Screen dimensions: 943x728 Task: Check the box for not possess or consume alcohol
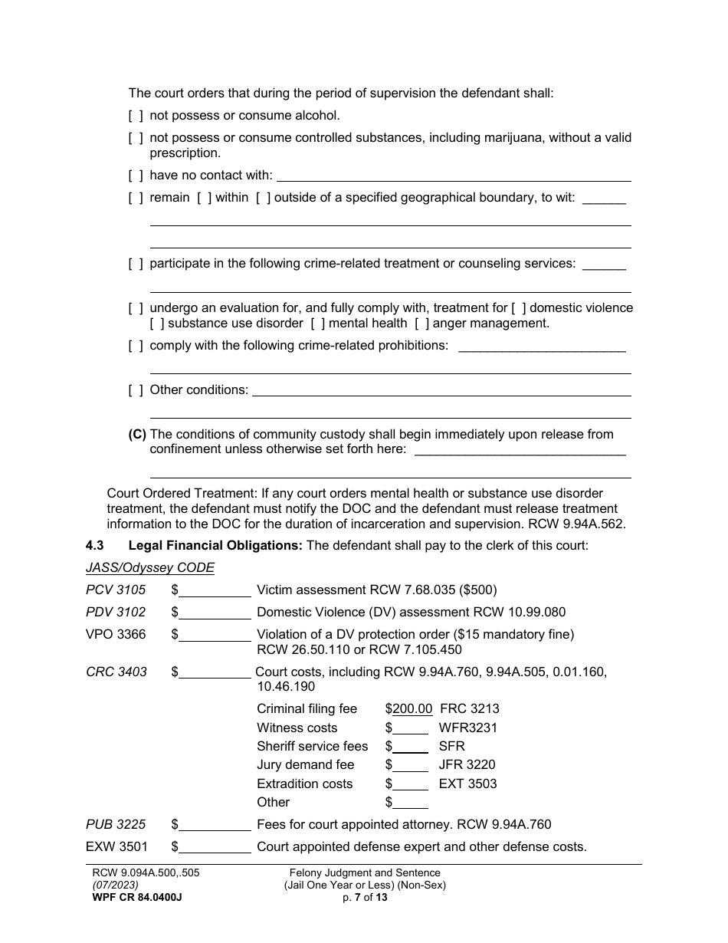pos(136,116)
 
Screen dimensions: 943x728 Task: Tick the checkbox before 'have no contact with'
pos(136,176)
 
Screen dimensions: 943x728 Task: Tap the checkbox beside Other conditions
pos(136,390)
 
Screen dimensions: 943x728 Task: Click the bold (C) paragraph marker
pos(137,435)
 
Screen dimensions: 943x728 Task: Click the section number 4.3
pos(95,546)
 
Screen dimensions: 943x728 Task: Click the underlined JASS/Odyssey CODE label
pos(150,568)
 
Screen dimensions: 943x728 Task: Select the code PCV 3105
pos(116,590)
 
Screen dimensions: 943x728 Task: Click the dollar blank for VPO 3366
pos(215,635)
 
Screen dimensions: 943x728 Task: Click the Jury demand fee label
pos(306,765)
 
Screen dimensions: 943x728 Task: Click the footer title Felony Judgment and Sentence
pos(365,873)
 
